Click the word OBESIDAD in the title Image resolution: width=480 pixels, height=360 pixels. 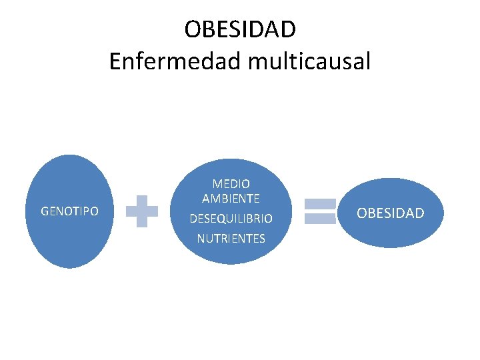point(240,29)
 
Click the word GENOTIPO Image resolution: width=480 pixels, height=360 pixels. point(69,211)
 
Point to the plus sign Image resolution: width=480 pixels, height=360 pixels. point(142,211)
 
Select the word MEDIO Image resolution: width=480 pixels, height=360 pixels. point(231,183)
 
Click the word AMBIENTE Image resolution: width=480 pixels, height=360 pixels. point(231,198)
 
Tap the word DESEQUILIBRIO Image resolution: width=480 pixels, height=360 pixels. point(231,219)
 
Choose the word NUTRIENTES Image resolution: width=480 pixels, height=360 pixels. point(231,238)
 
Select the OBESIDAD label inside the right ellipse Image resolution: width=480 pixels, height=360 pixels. point(390,213)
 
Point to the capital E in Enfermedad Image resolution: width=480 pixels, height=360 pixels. point(115,62)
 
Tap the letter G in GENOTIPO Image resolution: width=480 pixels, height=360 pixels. point(45,211)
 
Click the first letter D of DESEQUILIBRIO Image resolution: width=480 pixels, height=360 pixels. point(193,219)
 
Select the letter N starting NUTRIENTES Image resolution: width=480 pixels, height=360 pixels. point(201,238)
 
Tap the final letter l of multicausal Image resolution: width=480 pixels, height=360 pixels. point(367,62)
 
